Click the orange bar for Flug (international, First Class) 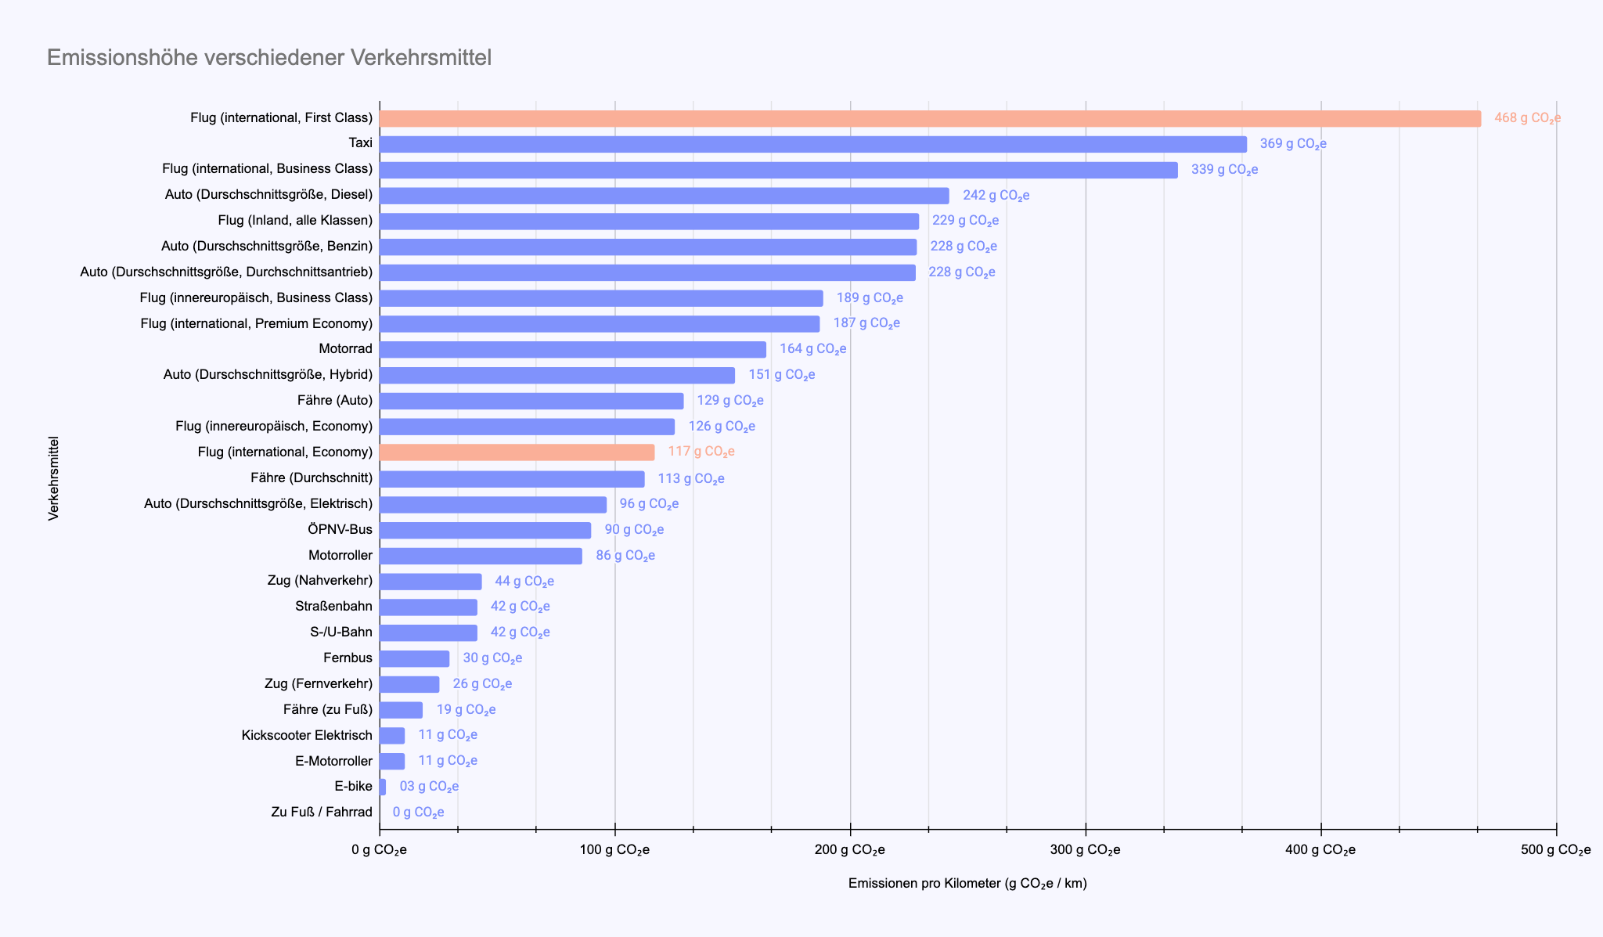point(930,118)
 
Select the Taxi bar point(812,144)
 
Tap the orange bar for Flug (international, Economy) point(517,452)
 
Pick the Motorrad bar point(572,349)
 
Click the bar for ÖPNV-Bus point(485,530)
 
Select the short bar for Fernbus point(414,658)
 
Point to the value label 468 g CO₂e point(1527,118)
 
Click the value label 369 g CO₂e point(1293,144)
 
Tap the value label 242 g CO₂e point(996,196)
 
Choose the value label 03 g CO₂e point(429,787)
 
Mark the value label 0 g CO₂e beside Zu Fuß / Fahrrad point(418,813)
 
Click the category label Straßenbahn point(334,607)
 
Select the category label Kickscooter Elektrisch point(307,736)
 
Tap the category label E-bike point(353,787)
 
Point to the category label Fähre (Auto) point(335,401)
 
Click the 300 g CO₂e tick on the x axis point(1085,850)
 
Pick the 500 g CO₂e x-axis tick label point(1556,850)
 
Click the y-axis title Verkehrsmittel point(54,478)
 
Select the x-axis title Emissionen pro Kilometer point(967,884)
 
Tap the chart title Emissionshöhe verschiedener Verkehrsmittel point(269,58)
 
